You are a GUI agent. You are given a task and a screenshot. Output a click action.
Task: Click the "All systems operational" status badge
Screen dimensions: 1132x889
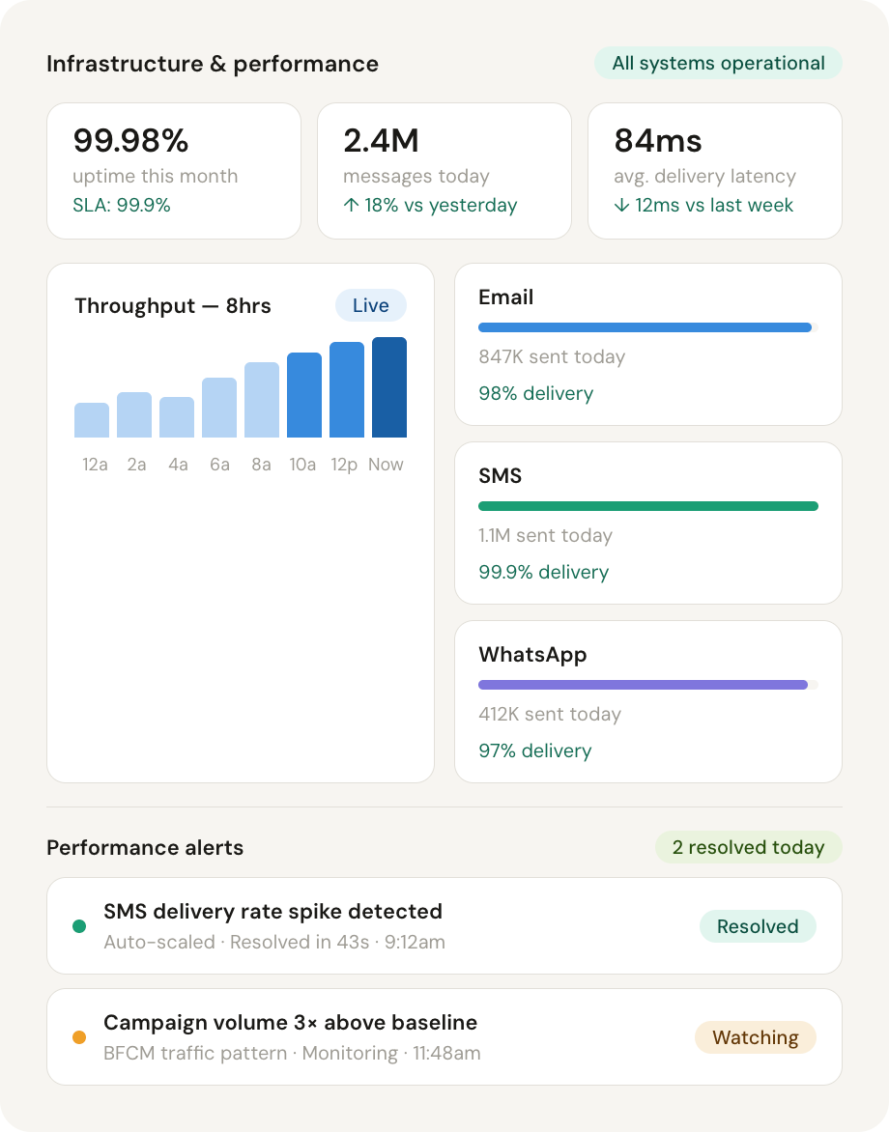718,64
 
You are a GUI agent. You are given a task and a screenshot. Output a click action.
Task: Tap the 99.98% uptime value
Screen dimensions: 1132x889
130,141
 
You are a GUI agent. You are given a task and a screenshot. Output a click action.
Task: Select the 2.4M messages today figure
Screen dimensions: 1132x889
381,141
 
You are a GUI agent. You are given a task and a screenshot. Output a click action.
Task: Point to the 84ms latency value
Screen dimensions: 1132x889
658,141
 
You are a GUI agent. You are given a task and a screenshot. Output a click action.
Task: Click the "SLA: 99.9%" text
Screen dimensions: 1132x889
122,206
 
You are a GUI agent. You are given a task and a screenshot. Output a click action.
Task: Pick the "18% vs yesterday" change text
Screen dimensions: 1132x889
430,206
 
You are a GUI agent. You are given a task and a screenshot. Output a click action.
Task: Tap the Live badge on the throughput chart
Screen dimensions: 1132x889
370,305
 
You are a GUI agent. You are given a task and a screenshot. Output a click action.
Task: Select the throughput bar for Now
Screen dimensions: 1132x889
389,387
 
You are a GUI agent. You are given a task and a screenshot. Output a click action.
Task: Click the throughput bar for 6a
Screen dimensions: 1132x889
219,408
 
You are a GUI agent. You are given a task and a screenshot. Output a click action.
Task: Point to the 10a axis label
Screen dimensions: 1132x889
302,465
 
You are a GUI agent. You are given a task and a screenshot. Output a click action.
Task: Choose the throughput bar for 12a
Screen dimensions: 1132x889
92,420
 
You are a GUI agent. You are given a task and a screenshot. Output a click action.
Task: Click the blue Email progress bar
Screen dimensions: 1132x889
645,327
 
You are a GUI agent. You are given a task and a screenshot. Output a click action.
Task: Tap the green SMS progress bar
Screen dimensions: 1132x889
647,506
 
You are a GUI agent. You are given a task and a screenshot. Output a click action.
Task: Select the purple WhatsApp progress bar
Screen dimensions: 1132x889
643,685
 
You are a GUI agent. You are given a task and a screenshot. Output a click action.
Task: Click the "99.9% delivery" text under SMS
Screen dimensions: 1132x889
543,572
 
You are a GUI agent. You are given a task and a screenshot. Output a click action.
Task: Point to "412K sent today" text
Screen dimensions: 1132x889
549,715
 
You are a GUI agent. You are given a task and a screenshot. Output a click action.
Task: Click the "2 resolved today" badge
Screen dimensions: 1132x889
748,848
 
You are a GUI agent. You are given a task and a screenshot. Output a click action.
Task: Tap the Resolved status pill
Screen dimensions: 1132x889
758,927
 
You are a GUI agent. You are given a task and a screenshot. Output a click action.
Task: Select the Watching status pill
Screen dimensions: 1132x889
755,1038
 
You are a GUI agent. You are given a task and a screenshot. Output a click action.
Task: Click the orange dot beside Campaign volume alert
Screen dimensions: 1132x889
79,1037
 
